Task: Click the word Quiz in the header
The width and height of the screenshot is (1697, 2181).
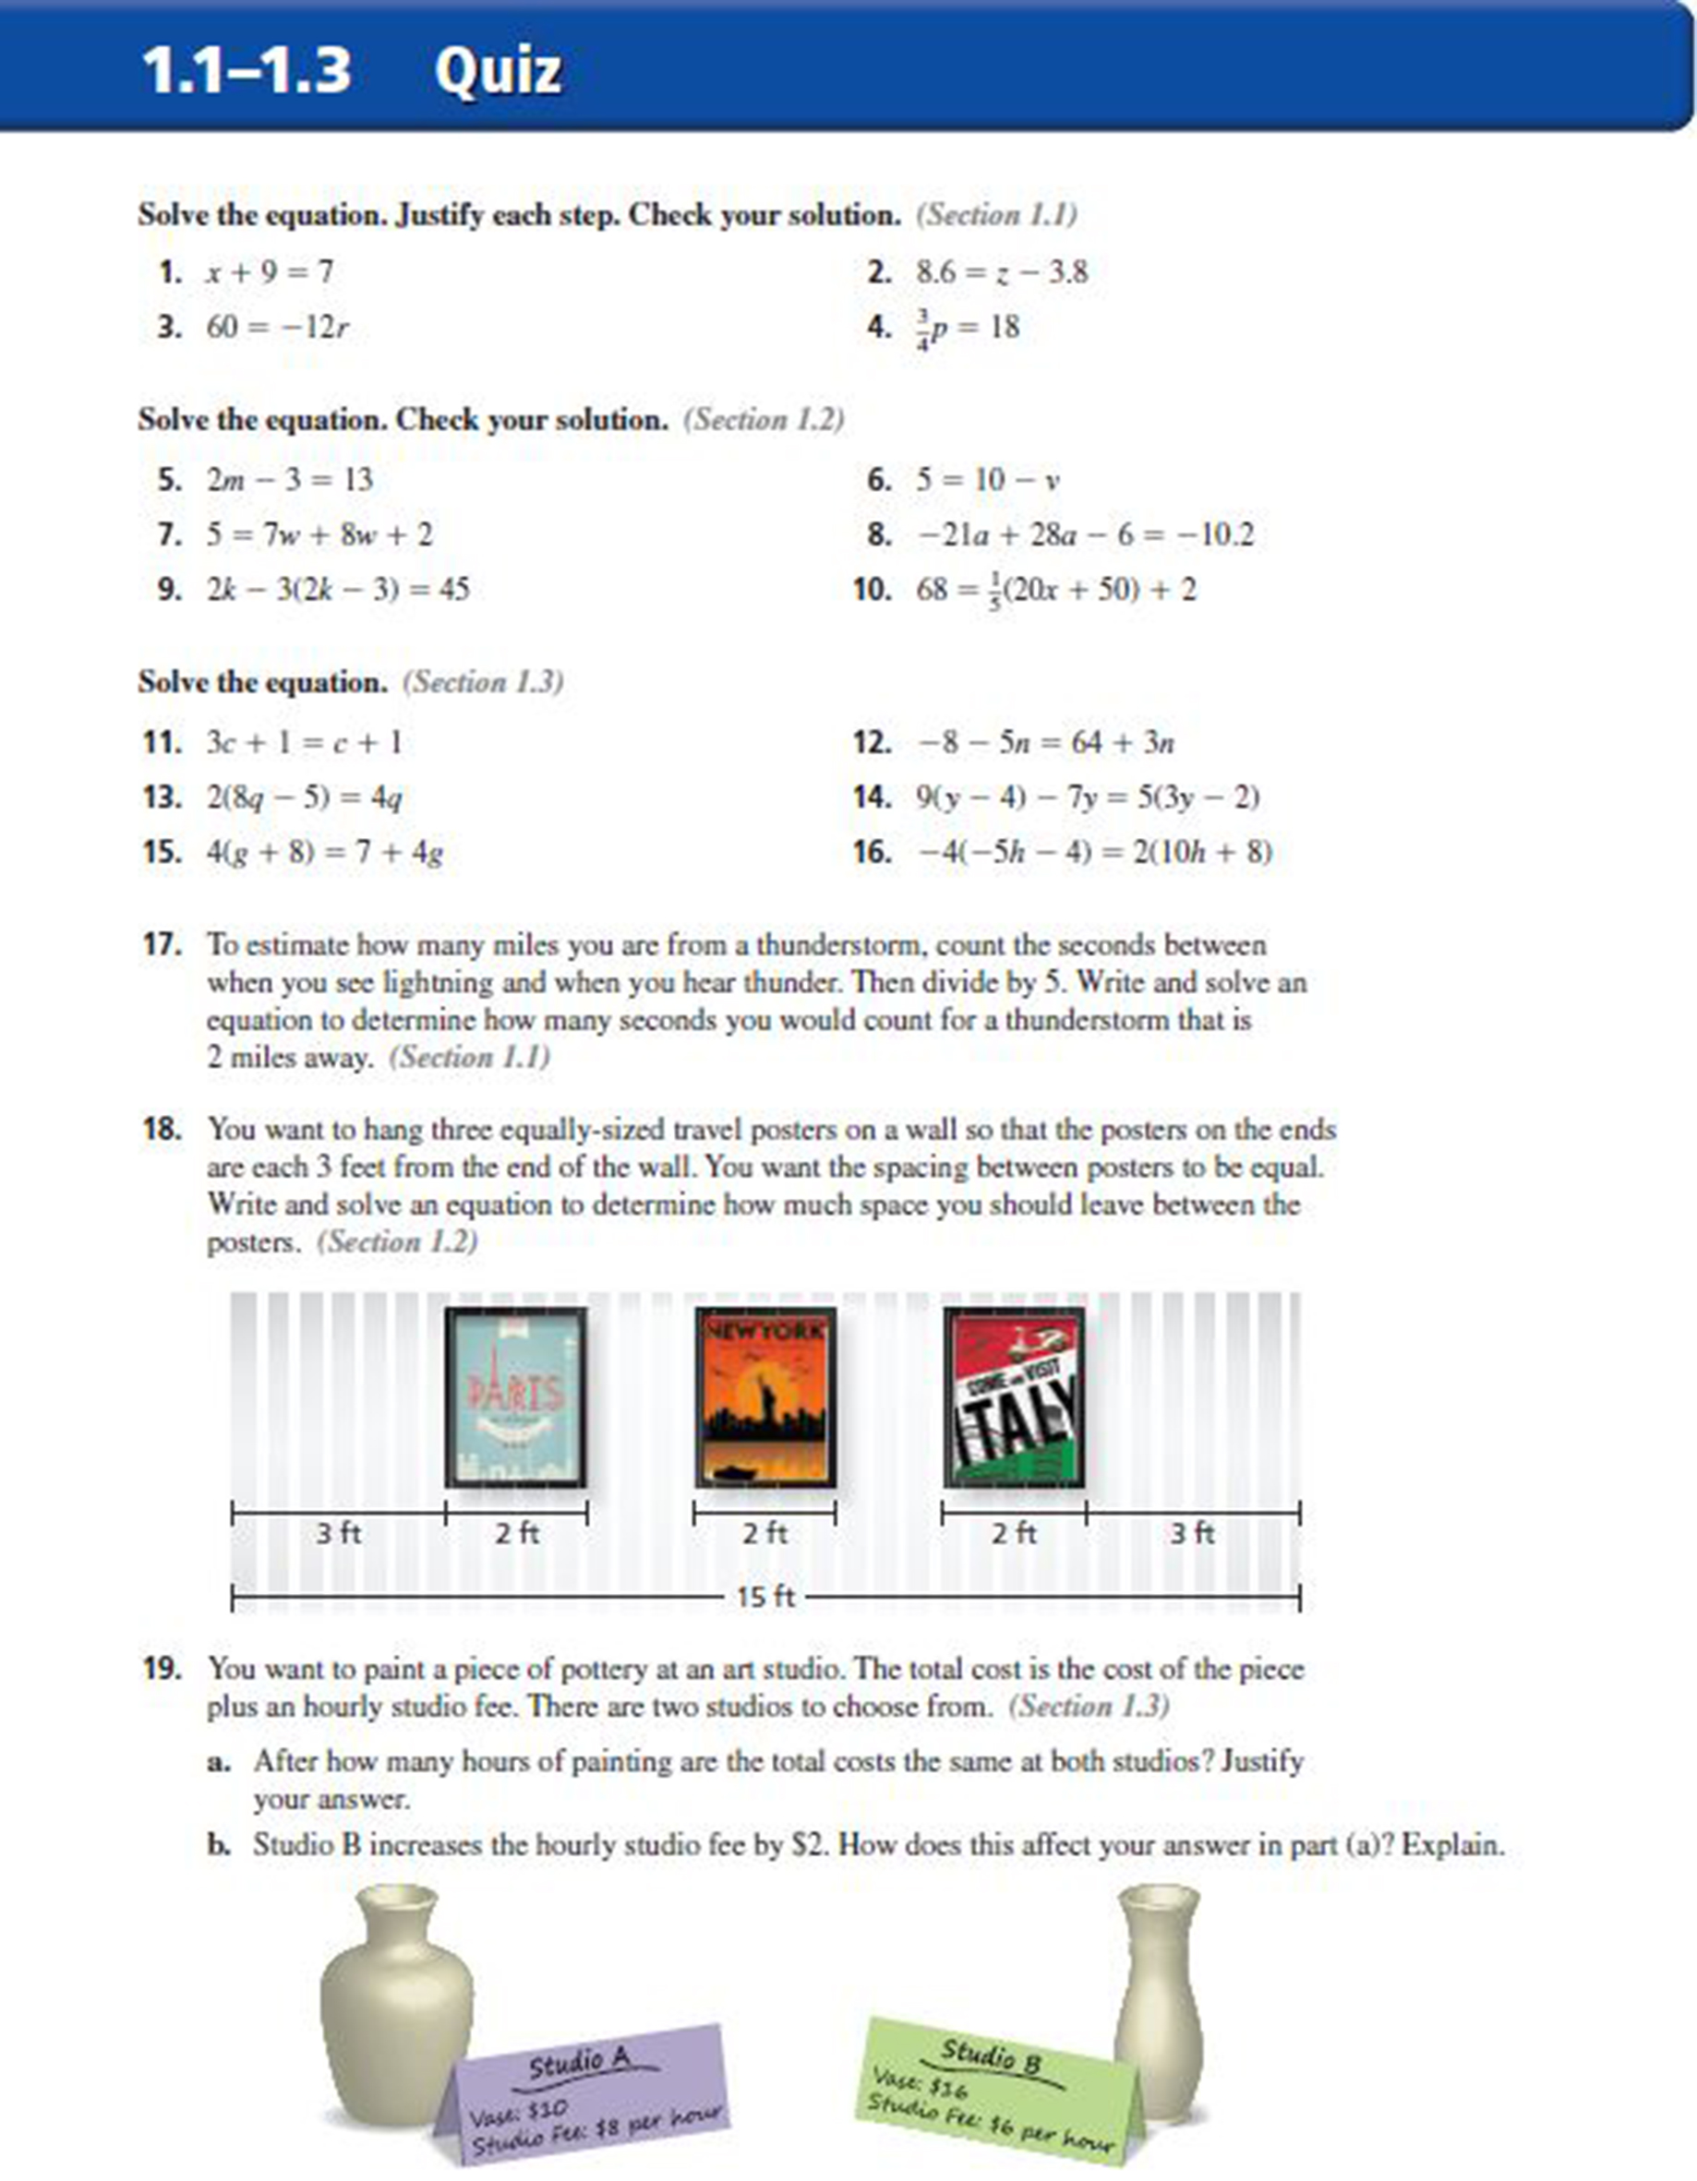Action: tap(498, 70)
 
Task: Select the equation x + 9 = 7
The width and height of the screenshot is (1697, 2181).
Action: tap(270, 271)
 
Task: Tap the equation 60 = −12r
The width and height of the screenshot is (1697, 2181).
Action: tap(278, 327)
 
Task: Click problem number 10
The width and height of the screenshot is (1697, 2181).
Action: tap(872, 589)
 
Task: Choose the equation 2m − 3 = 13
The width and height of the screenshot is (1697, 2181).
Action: tap(290, 479)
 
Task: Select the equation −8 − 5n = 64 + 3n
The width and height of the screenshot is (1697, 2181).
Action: tap(1045, 742)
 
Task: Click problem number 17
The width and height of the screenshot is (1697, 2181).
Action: tap(162, 945)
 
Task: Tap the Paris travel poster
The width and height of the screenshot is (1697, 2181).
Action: tap(515, 1396)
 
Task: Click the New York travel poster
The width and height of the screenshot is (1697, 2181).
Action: tap(765, 1396)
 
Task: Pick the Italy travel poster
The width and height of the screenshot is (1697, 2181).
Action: tap(1014, 1396)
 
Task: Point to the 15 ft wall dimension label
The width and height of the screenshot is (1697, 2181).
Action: tap(765, 1597)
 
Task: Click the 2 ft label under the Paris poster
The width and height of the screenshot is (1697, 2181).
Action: tap(516, 1533)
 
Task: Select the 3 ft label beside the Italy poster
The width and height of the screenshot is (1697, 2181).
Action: tap(1192, 1533)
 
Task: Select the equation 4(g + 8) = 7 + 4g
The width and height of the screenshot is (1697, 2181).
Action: tap(325, 852)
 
